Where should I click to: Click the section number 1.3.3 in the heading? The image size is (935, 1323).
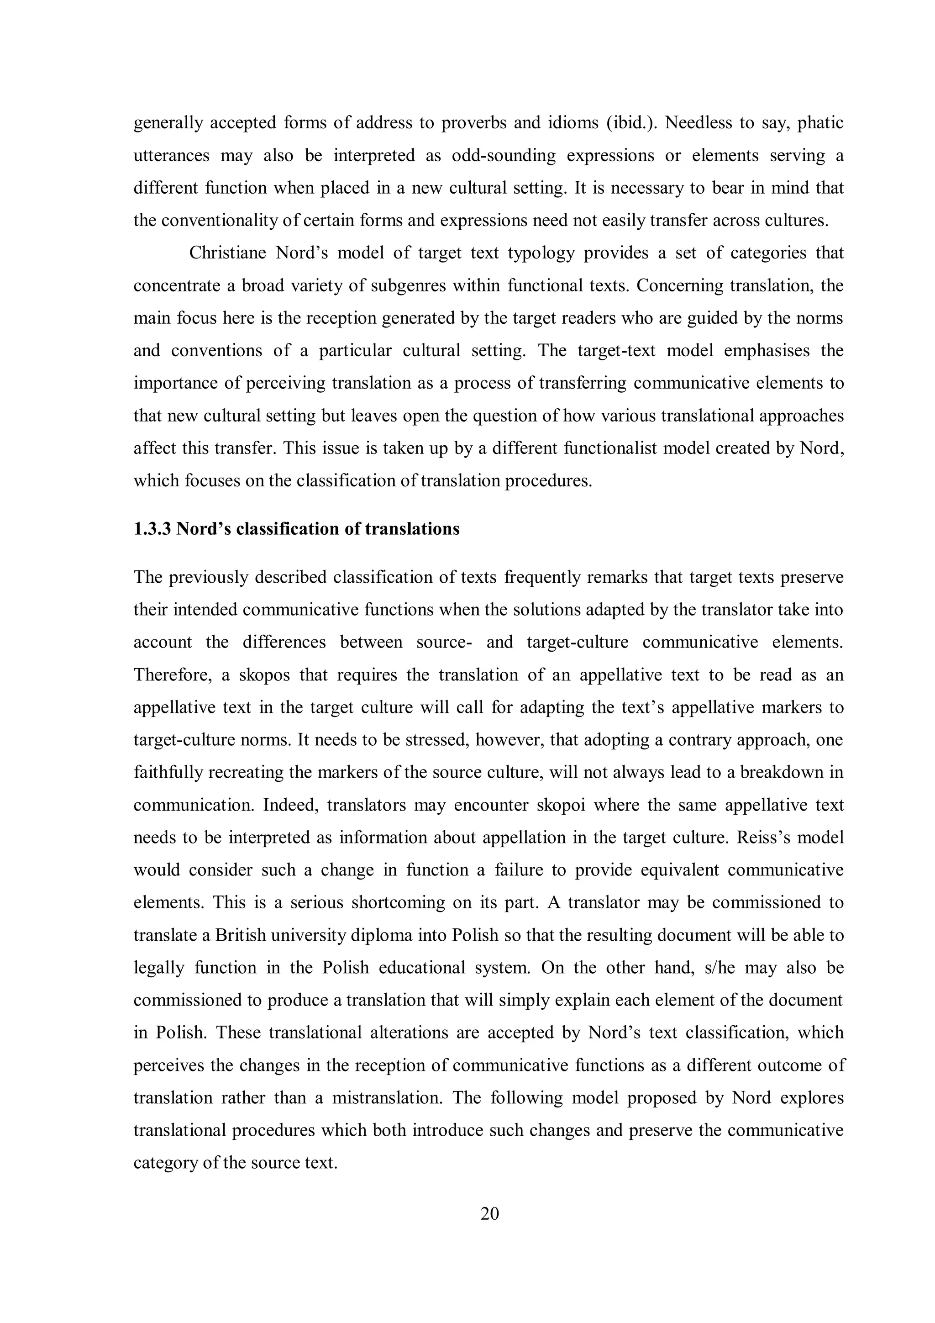(152, 528)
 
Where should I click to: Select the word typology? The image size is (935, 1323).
(541, 253)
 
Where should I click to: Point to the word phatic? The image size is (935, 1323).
(820, 123)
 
